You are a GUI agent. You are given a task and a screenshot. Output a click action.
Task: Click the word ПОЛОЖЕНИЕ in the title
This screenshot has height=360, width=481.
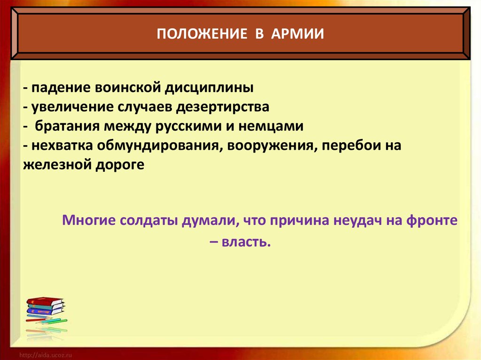202,33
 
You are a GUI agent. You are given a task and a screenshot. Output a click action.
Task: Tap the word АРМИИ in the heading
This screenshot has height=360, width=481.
297,33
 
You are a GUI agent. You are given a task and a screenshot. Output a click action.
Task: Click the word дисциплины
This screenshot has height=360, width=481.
209,88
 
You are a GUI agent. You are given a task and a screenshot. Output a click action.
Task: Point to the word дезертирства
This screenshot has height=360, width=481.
222,107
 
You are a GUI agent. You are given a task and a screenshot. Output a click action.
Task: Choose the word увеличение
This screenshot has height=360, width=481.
71,107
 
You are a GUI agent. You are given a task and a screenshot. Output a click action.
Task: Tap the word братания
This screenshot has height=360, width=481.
67,126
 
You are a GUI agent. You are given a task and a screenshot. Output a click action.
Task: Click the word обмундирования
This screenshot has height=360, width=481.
160,146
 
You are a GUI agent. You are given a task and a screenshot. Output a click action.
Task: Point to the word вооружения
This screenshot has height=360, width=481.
271,146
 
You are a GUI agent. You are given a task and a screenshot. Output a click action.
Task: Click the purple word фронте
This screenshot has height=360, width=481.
432,221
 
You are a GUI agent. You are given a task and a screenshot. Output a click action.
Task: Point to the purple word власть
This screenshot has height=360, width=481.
246,242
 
